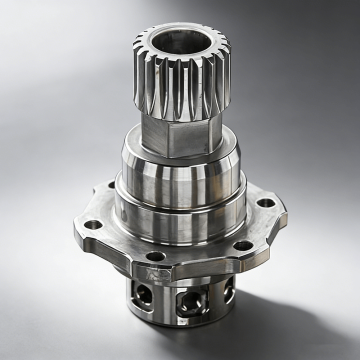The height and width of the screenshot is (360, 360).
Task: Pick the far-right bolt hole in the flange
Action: click(x=266, y=205)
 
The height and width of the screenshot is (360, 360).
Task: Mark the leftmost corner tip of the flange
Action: click(x=74, y=228)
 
